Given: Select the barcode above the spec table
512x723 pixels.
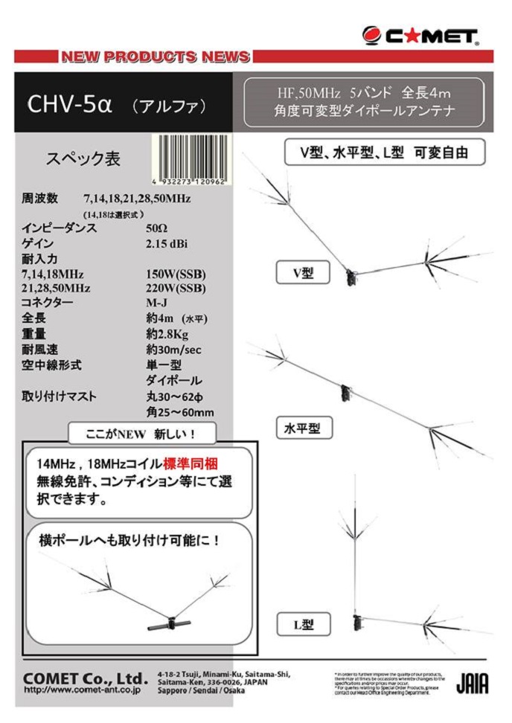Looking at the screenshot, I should click(x=191, y=159).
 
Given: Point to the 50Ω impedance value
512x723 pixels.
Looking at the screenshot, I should click(x=157, y=228).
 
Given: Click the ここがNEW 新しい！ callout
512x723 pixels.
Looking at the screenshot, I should click(x=141, y=433).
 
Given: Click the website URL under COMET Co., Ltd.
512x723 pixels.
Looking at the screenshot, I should click(x=82, y=690).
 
